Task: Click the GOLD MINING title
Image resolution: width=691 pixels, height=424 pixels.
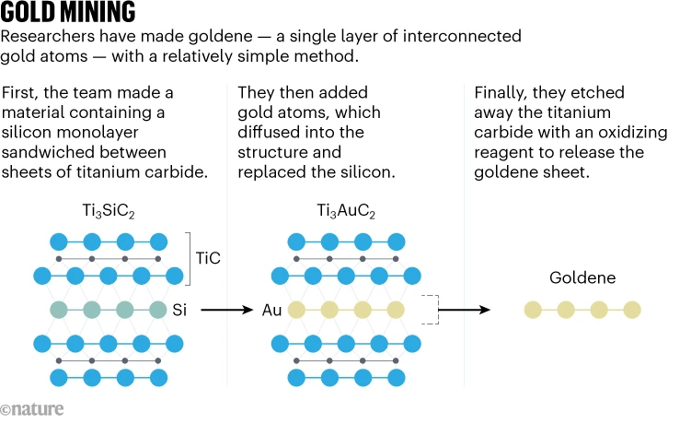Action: coord(69,14)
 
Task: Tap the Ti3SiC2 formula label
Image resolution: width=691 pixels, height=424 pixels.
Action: coord(108,216)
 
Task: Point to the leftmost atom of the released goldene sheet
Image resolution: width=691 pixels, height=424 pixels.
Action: coord(532,310)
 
